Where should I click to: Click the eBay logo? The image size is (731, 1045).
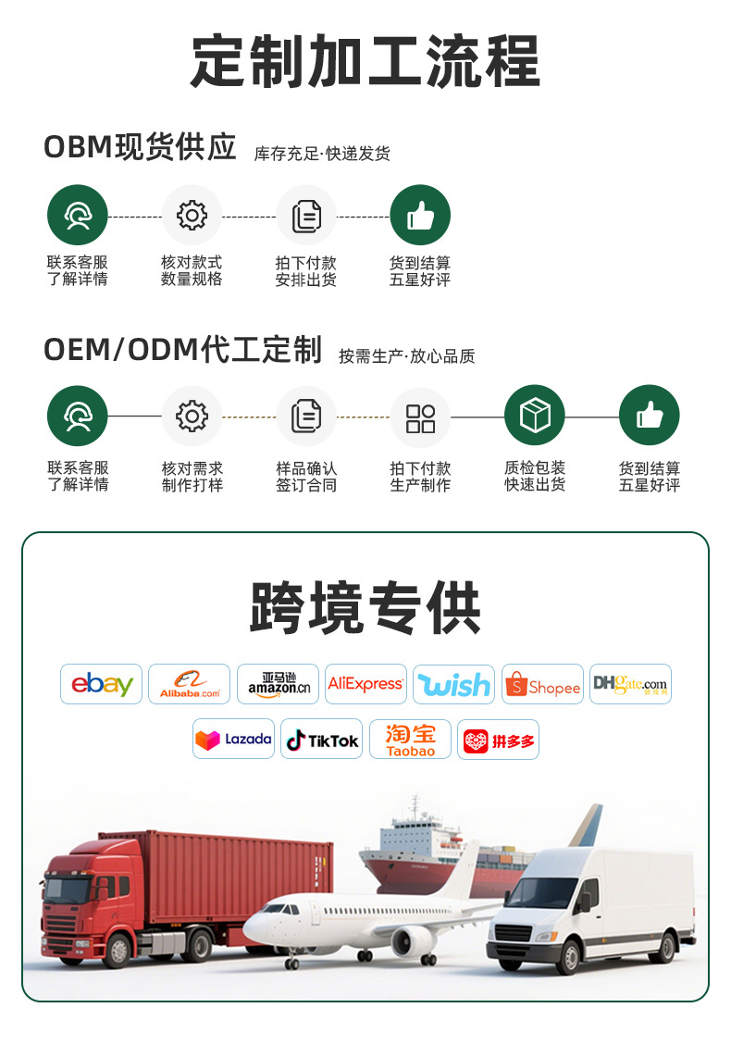[x=102, y=684]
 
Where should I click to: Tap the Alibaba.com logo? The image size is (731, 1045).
[x=189, y=684]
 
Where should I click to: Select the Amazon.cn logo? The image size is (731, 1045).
[x=278, y=684]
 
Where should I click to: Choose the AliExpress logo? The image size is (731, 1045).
[x=365, y=684]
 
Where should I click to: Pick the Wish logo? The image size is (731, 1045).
[x=453, y=684]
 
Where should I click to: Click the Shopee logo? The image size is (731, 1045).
[x=542, y=684]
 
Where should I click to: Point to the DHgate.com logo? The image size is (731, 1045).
[x=630, y=684]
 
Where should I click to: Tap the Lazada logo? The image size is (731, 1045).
[x=233, y=740]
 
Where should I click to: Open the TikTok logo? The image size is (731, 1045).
[x=321, y=740]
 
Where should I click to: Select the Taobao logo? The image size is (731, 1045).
[x=410, y=740]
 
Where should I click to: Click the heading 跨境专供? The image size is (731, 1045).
[x=365, y=608]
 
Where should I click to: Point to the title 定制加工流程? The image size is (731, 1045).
[x=365, y=61]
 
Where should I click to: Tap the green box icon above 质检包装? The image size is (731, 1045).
[x=534, y=416]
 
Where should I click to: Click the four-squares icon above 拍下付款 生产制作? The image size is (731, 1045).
[x=420, y=417]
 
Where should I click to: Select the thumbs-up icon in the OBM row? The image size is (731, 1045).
[x=420, y=216]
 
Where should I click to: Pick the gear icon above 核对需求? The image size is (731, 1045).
[x=192, y=417]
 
